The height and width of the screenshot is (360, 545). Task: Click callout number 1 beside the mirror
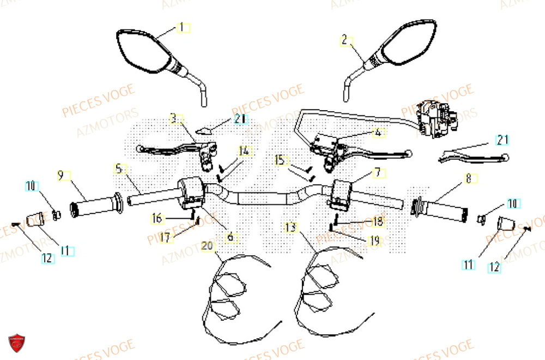tap(182, 27)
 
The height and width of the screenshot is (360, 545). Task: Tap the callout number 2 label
tap(344, 40)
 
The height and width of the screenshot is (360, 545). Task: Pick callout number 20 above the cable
tap(207, 246)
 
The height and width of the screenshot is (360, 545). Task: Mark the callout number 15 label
tap(280, 160)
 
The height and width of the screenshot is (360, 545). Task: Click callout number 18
tap(377, 222)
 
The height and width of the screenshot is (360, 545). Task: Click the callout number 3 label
tap(173, 118)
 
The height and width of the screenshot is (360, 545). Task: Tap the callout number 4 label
tap(377, 133)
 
